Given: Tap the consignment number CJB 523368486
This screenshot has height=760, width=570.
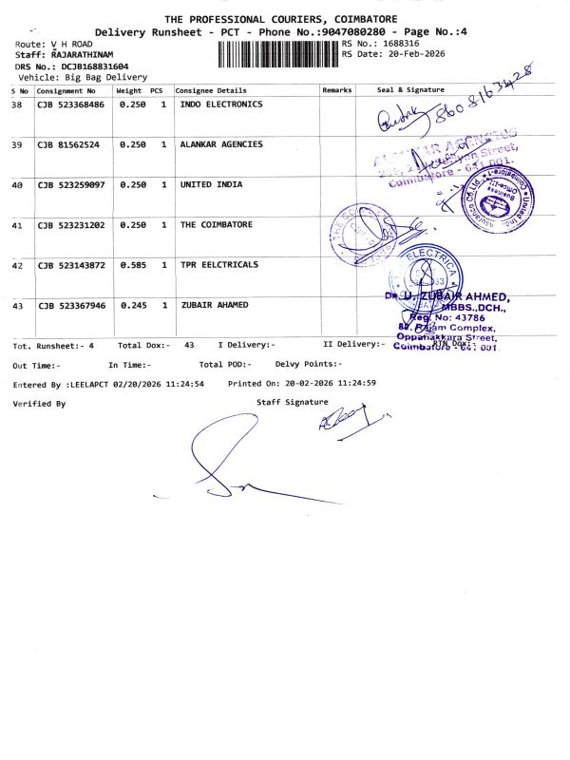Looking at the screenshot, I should tap(71, 104).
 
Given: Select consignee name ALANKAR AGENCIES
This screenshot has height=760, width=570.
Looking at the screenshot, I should tap(221, 144).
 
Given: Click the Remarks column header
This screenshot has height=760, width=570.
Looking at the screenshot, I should tap(337, 89).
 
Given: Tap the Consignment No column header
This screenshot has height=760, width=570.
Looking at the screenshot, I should tap(66, 89).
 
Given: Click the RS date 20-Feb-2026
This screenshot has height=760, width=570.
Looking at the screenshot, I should tap(417, 54).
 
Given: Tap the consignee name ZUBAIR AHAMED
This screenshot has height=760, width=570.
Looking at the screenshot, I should tap(214, 305).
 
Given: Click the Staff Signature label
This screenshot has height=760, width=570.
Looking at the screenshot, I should tap(293, 403).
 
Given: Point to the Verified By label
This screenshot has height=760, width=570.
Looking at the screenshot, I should tap(39, 404).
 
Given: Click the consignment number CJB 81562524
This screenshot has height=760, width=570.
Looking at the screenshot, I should tap(68, 144).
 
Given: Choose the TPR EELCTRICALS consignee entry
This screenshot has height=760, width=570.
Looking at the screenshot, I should tap(218, 265).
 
